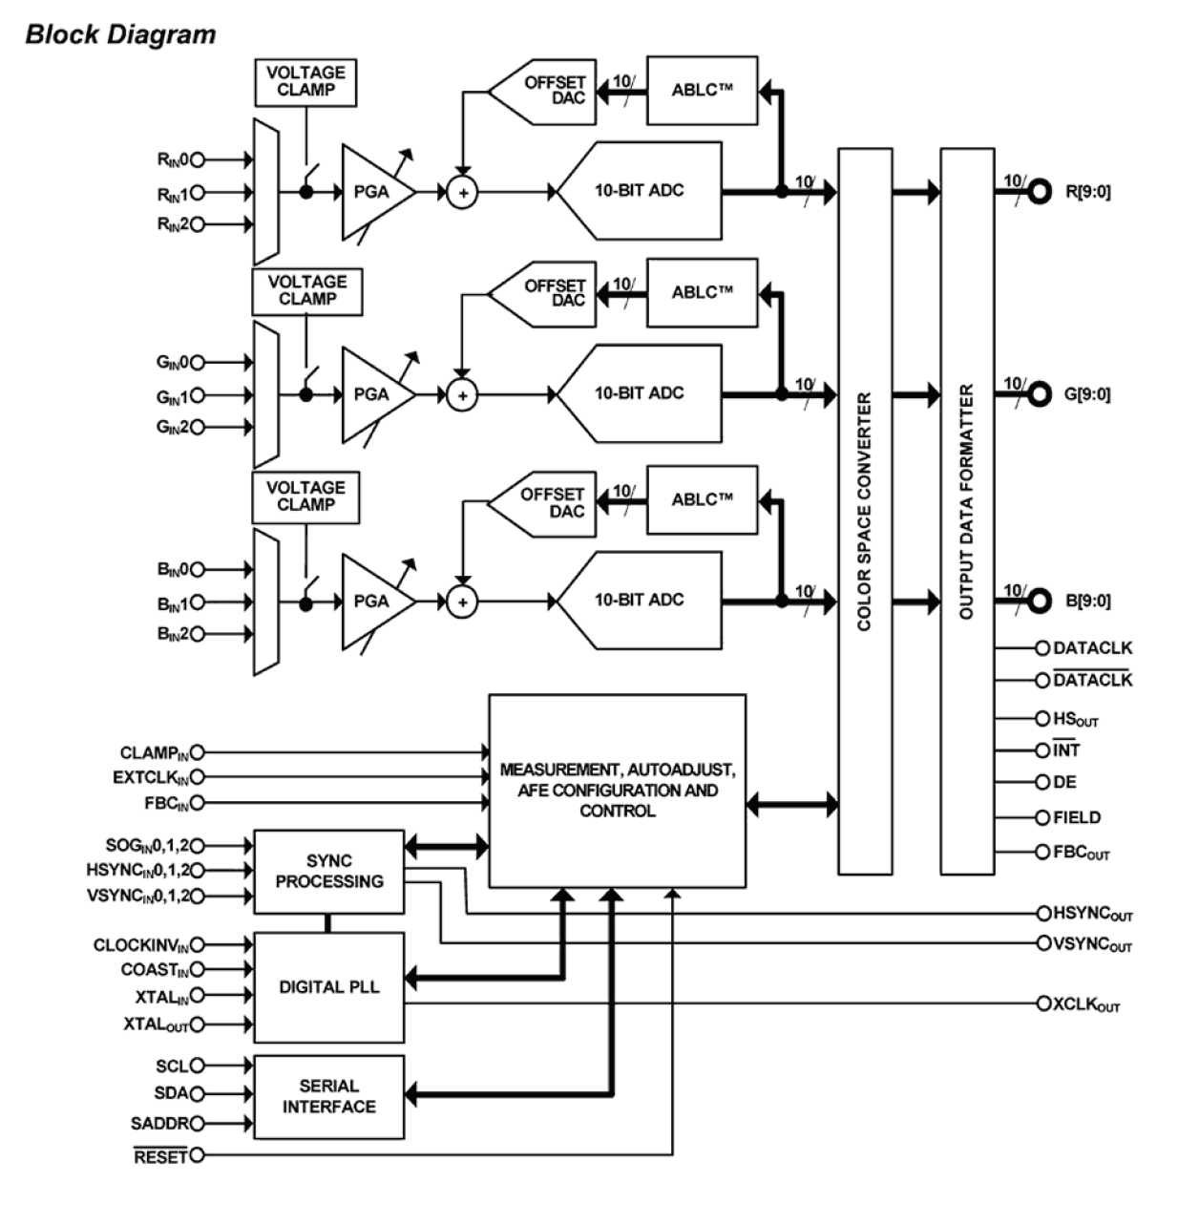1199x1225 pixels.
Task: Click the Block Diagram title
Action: [x=120, y=34]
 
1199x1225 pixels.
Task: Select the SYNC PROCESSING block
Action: [x=328, y=872]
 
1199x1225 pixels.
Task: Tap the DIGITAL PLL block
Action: [x=328, y=987]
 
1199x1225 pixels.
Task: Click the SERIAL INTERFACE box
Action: [x=328, y=1096]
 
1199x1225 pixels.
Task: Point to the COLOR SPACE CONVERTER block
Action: [x=865, y=511]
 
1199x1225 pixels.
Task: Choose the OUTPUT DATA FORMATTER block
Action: [x=967, y=511]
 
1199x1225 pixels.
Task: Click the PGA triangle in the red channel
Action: [x=373, y=192]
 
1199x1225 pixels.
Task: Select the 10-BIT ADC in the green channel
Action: [x=640, y=393]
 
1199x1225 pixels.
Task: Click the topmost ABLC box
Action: [x=702, y=91]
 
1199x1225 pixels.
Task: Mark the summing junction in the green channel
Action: [x=462, y=395]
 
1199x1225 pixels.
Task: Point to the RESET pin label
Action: [x=159, y=1156]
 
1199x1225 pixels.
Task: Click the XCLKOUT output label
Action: [x=1085, y=1005]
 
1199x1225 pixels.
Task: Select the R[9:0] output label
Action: [x=1087, y=192]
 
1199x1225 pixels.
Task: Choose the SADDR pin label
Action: [x=159, y=1124]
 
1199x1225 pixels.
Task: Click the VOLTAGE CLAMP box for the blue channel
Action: [x=305, y=496]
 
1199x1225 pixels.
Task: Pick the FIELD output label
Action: [x=1077, y=817]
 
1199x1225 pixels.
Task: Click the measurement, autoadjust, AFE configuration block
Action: [x=617, y=791]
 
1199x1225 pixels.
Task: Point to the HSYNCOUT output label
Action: [x=1092, y=914]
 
